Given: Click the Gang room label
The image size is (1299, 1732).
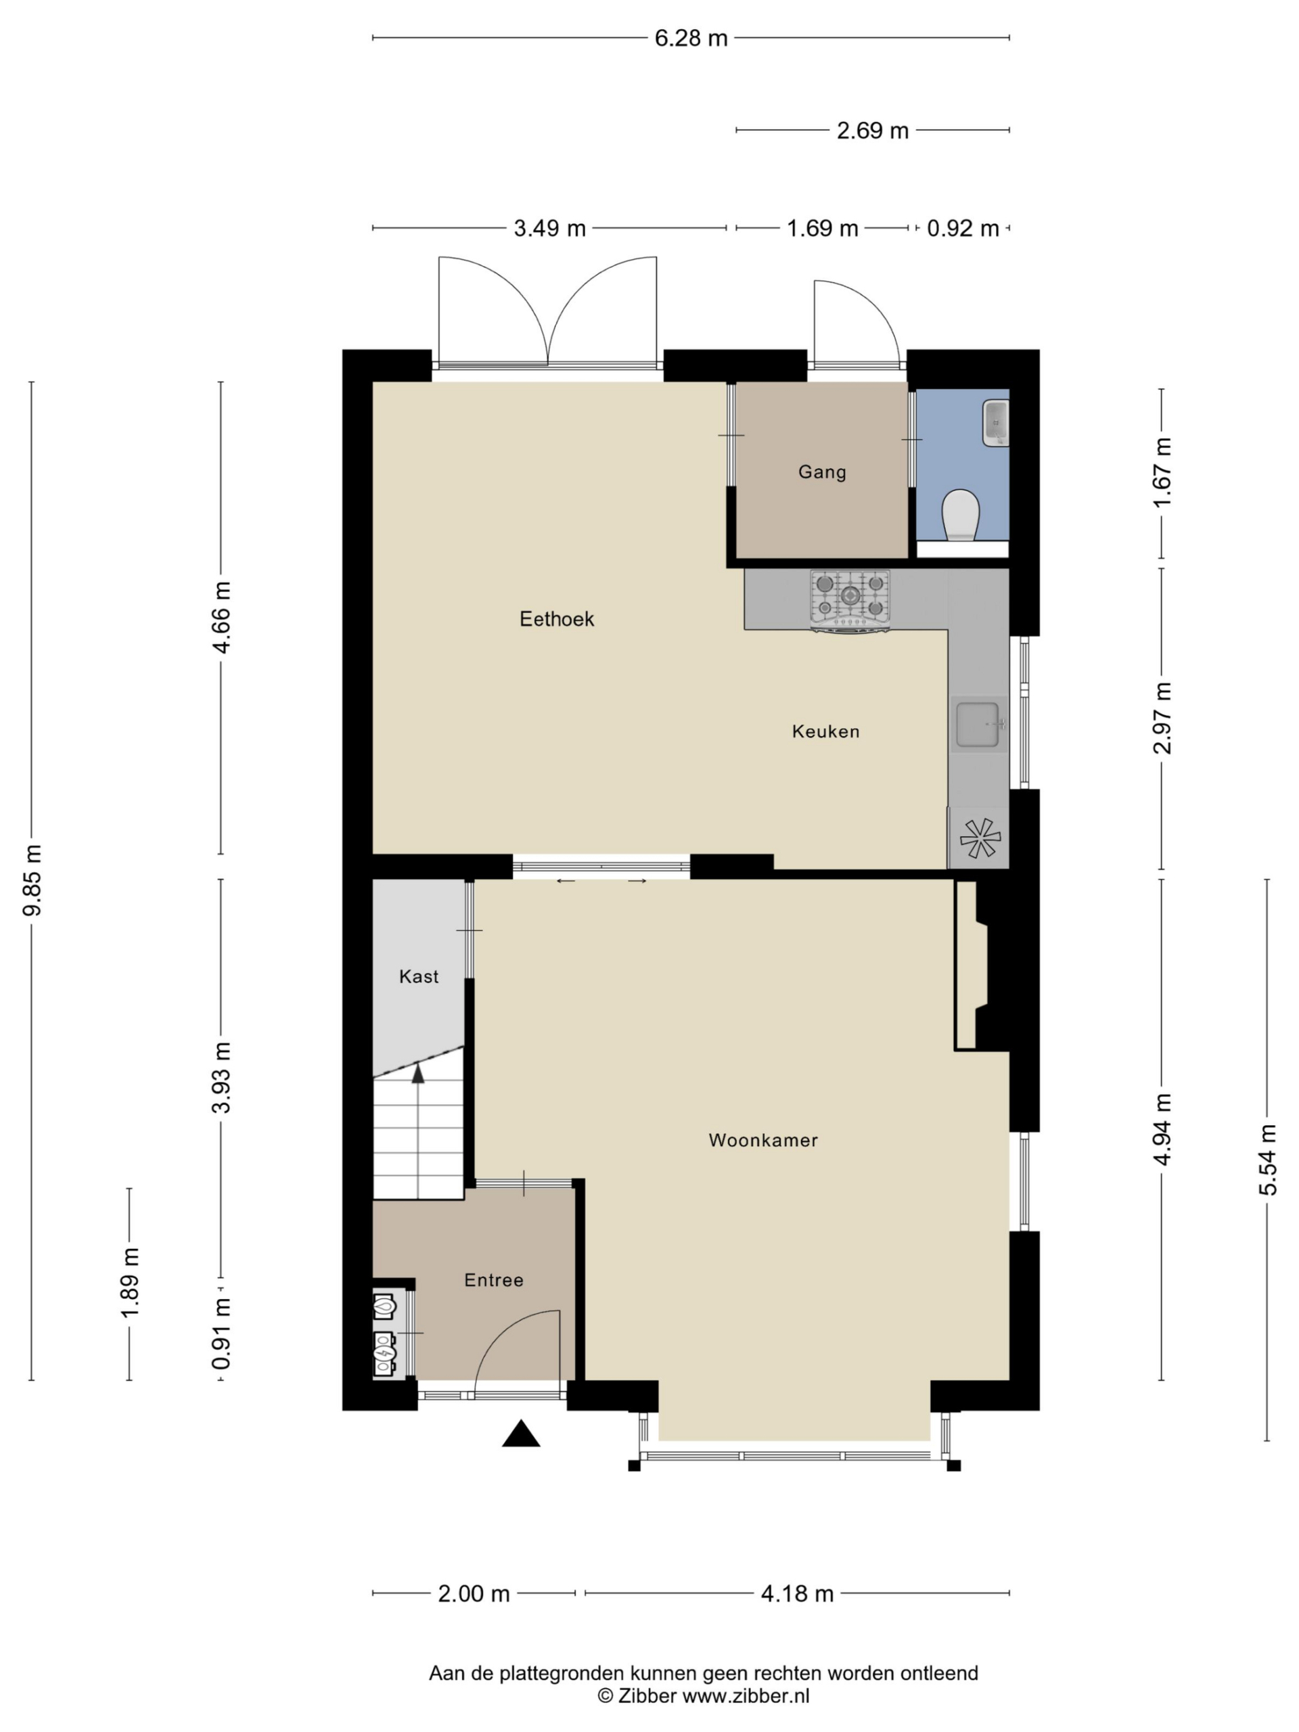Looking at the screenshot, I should coord(821,472).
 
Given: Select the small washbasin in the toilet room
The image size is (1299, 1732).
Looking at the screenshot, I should coord(996,423).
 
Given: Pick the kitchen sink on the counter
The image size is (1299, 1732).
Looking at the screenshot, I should coord(977,725).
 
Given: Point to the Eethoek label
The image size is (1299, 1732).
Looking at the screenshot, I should coord(557,619).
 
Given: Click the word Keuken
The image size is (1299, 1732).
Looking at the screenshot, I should coord(825,731).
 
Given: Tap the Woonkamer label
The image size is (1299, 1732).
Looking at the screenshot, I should coord(762,1140).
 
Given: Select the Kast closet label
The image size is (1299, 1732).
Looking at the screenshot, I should coord(418,976).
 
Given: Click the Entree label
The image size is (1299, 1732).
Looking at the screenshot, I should coord(493,1280).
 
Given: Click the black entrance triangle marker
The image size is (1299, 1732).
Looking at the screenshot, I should coord(521,1434).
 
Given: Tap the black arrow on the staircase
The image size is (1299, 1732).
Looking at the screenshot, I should coord(418,1073).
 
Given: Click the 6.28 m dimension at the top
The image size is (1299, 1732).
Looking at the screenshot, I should coord(691,38).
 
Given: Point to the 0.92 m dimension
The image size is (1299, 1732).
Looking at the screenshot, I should coord(962,228).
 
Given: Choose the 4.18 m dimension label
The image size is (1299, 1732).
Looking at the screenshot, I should coord(797,1593).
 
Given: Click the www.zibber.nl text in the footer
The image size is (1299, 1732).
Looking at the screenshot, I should coord(746,1697).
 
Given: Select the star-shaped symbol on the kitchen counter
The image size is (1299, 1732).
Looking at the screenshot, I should coord(980,838).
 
